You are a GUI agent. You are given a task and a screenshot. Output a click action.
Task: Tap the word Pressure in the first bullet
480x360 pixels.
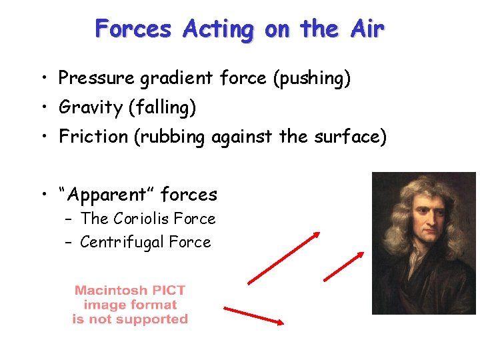[97, 79]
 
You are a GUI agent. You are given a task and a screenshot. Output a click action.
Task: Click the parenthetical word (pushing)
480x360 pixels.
[311, 79]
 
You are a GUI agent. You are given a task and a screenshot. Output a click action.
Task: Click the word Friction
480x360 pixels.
[93, 137]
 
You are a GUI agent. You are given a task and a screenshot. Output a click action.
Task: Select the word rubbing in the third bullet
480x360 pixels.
[175, 137]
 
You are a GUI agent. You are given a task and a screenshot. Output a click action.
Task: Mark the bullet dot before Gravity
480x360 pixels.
[42, 107]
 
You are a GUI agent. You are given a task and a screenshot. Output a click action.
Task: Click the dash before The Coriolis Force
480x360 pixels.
[69, 219]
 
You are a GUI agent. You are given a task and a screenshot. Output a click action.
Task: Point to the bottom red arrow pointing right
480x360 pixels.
[254, 315]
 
